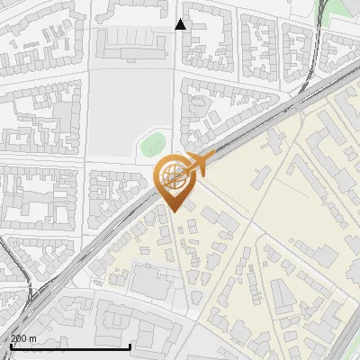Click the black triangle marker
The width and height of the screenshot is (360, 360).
pyautogui.click(x=180, y=24)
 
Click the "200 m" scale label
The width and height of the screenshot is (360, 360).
pyautogui.click(x=23, y=338)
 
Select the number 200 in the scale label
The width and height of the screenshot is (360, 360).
pyautogui.click(x=19, y=338)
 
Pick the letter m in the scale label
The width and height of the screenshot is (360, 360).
pyautogui.click(x=33, y=338)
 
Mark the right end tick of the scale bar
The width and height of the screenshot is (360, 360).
pyautogui.click(x=130, y=345)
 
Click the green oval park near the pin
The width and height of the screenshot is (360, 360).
pyautogui.click(x=153, y=141)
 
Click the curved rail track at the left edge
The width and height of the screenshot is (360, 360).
pyautogui.click(x=22, y=270)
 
